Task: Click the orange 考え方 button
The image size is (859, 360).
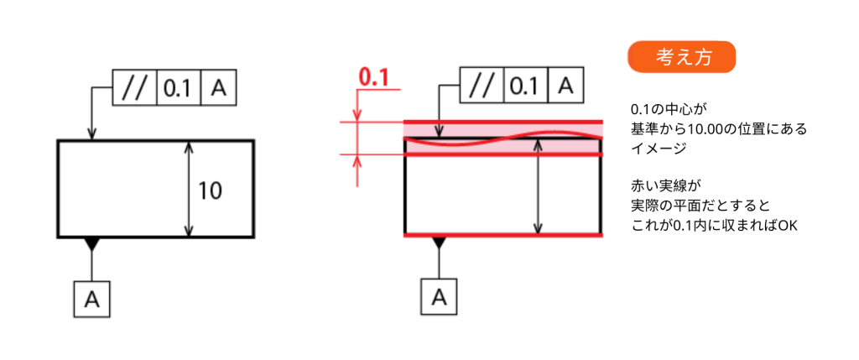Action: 681,57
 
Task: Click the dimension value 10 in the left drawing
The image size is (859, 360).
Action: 210,190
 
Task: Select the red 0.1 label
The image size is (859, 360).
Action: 373,78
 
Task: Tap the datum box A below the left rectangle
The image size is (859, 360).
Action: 91,300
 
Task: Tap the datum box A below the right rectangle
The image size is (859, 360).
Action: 439,296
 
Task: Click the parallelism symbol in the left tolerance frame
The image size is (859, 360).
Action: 135,87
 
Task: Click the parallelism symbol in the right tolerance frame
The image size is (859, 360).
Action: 482,85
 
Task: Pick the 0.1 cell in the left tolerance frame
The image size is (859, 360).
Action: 180,87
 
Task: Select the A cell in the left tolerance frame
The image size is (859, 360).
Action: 219,87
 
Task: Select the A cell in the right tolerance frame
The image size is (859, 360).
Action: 566,85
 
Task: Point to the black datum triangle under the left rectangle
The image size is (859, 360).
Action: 91,244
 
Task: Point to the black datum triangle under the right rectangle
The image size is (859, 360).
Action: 439,243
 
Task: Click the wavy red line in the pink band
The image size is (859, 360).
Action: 503,138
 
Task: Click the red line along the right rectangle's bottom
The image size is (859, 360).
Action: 503,235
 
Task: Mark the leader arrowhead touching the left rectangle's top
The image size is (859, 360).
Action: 91,135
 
